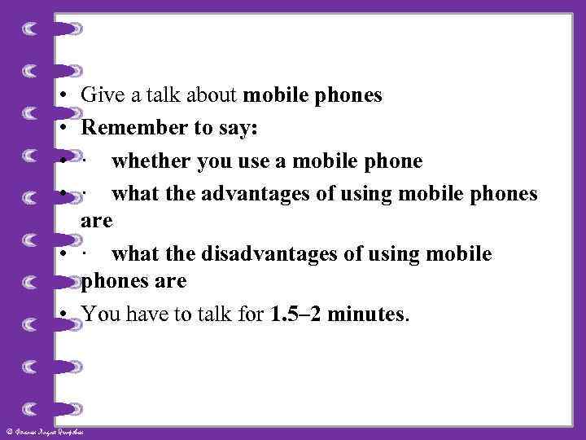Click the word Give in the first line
(x=101, y=96)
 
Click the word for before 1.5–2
(x=247, y=314)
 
